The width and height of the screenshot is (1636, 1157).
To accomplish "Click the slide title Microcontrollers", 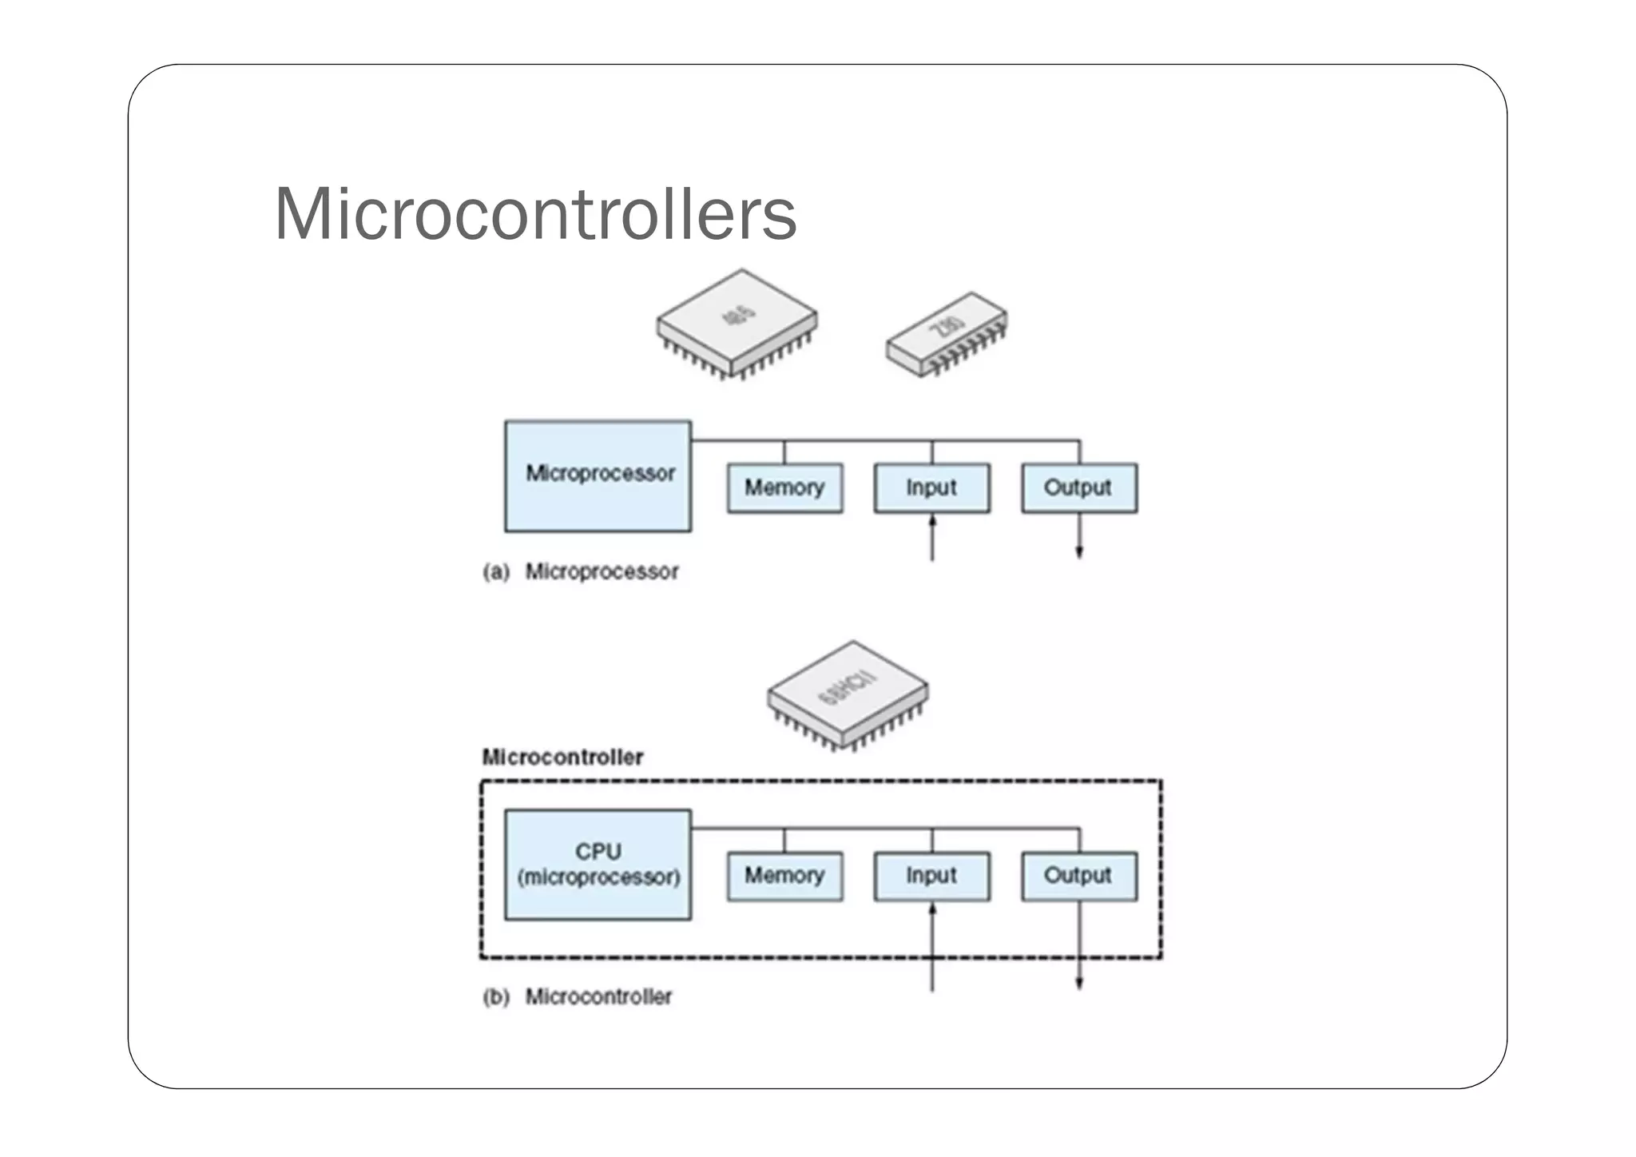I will tap(535, 214).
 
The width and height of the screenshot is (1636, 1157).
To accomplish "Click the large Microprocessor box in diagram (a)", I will tap(598, 476).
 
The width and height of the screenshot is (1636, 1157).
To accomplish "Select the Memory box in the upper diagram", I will tap(784, 487).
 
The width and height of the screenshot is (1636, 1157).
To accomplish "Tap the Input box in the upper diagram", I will tap(931, 487).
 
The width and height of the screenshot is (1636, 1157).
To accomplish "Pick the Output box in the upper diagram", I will tap(1078, 487).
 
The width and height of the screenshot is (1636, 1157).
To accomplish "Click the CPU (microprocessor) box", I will tap(598, 865).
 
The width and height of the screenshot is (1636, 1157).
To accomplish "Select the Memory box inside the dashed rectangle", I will tap(784, 876).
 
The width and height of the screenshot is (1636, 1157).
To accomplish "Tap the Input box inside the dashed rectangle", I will tap(931, 876).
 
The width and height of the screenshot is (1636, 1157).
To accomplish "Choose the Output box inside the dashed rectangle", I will tap(1078, 876).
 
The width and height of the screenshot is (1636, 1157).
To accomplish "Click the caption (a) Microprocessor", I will tap(582, 572).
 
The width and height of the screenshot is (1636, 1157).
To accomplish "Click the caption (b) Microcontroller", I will tap(578, 997).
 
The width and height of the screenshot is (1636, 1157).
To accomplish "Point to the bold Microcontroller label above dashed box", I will tap(562, 757).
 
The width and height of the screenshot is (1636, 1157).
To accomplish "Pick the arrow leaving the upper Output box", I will tap(1079, 535).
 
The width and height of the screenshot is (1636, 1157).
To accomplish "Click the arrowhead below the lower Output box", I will tap(1079, 983).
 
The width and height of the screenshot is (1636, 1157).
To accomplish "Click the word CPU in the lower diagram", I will tap(598, 852).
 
